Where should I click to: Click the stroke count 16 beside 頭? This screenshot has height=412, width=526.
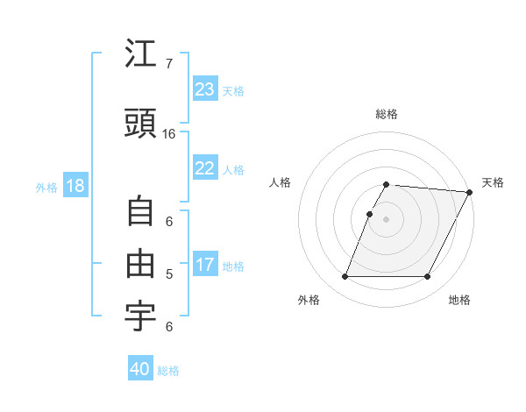click(x=168, y=134)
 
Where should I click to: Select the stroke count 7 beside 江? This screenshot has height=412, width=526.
click(x=168, y=64)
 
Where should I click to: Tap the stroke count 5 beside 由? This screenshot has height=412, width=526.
click(x=168, y=274)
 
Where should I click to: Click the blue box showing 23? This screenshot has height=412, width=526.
click(x=205, y=89)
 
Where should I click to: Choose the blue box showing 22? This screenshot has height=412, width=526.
click(x=205, y=168)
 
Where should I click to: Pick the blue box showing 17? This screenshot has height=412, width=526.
click(x=205, y=265)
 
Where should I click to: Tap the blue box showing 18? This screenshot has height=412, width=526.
click(x=75, y=186)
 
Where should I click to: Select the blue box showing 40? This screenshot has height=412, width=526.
click(x=140, y=369)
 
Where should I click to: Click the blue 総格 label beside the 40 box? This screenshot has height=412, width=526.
click(x=169, y=371)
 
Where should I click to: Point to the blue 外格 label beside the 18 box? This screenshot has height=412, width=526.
click(x=46, y=188)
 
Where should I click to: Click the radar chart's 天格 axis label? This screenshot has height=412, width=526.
click(x=493, y=182)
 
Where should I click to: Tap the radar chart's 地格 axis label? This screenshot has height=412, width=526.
click(x=459, y=301)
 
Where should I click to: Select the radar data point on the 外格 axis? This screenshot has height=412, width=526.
click(x=345, y=277)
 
